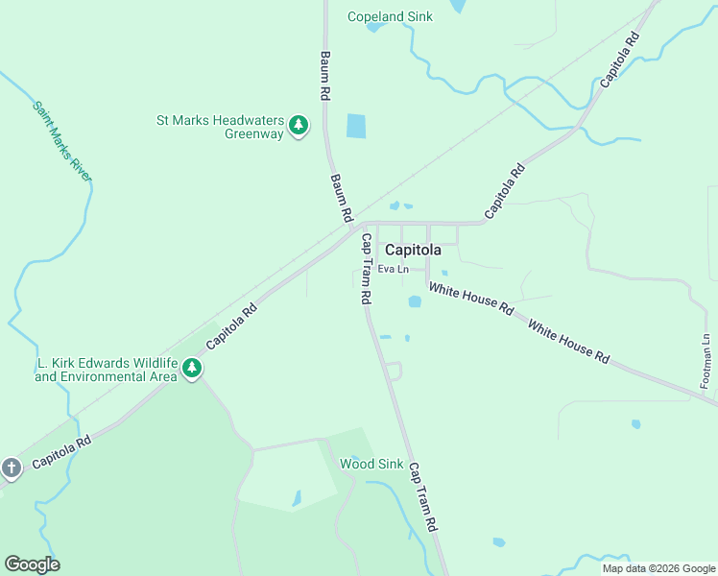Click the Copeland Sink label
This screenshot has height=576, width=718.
(390, 16)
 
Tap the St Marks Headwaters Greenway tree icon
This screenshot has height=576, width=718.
(299, 125)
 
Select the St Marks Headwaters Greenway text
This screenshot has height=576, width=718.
(221, 127)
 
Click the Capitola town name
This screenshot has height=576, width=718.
(413, 250)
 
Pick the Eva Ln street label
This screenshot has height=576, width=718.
(394, 270)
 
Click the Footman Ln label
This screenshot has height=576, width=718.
(706, 360)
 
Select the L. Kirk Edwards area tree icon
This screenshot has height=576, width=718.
(192, 369)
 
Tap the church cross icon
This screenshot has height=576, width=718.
(11, 468)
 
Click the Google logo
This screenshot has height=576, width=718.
(32, 564)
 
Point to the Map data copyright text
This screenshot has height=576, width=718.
(658, 568)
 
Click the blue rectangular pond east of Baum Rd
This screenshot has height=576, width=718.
(356, 126)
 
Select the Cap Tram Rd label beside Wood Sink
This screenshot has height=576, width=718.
(422, 497)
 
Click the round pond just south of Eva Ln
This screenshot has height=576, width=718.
(415, 301)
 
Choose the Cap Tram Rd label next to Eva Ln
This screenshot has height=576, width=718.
(366, 269)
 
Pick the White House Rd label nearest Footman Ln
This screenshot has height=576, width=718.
(569, 343)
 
